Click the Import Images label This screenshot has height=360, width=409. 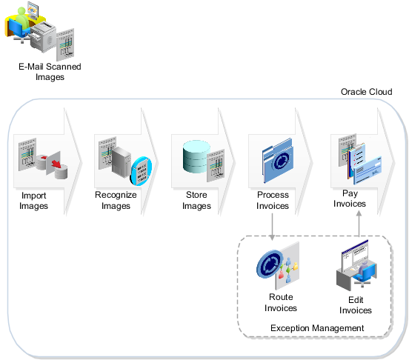coord(33,201)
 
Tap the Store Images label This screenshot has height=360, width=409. coord(196,201)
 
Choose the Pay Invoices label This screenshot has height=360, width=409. coord(349,199)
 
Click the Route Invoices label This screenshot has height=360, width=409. coord(280,303)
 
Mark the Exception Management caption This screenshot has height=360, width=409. coord(316,327)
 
